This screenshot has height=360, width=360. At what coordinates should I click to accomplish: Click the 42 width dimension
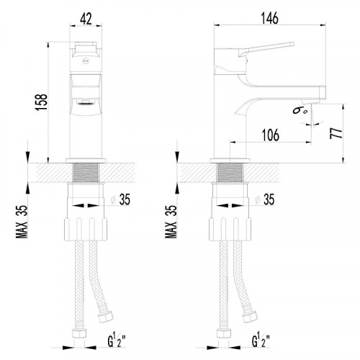click(x=86, y=19)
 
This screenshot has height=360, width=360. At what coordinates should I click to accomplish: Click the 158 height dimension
click(x=41, y=102)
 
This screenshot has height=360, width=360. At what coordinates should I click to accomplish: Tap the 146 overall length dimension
click(x=270, y=18)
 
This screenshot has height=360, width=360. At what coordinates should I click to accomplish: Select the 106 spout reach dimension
click(x=271, y=135)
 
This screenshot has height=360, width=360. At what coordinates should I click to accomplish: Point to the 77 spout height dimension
click(x=336, y=133)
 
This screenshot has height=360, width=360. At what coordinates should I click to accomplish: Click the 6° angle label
click(x=300, y=111)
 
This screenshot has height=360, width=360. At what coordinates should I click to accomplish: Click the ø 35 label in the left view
click(x=122, y=199)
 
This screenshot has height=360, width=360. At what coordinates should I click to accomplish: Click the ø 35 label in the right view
click(x=266, y=199)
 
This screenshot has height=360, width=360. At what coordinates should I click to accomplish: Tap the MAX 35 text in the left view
click(x=22, y=222)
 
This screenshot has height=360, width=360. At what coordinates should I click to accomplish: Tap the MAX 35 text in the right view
click(x=171, y=222)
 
